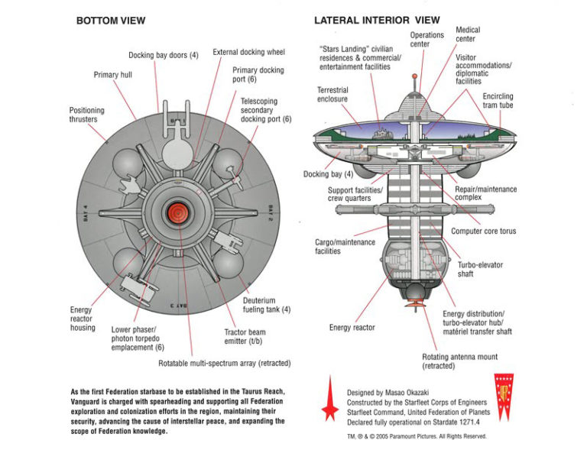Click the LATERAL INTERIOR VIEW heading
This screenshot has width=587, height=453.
tap(378, 21)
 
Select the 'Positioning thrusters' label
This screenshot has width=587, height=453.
tap(87, 116)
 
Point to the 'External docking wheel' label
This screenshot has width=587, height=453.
tap(248, 52)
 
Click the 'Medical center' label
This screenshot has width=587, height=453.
tap(469, 34)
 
